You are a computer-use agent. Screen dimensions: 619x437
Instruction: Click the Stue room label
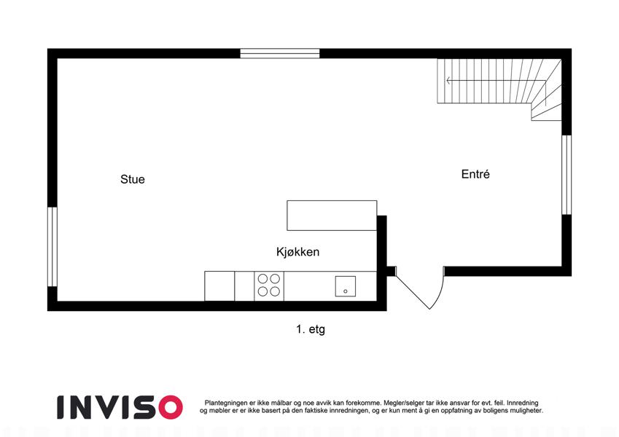tap(133, 179)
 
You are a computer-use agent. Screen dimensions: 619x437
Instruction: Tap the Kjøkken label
tap(297, 251)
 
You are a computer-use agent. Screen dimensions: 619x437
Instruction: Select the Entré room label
tap(475, 174)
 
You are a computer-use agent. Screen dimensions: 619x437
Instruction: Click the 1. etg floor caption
tap(311, 329)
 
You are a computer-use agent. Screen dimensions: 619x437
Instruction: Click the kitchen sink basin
tap(346, 286)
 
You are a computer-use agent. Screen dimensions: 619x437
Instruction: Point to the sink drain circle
tap(346, 291)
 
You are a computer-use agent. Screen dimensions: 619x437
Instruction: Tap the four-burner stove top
tap(269, 286)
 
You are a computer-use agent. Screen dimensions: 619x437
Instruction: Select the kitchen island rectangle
tap(332, 216)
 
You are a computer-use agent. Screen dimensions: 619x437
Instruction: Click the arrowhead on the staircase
tap(449, 80)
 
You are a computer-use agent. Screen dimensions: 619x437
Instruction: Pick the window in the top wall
tap(280, 53)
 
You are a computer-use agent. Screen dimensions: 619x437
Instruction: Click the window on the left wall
tap(52, 246)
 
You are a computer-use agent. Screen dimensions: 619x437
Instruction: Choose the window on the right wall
tap(567, 175)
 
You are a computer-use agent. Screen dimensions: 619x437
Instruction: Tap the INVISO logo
tap(120, 407)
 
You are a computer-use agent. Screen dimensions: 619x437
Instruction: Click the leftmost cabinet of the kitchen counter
tap(219, 286)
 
